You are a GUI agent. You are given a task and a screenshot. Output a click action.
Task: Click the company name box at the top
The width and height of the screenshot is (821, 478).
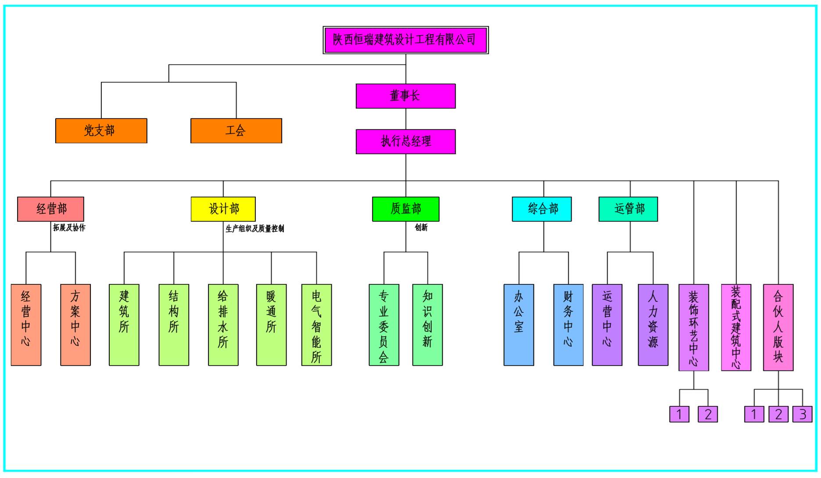pos(405,40)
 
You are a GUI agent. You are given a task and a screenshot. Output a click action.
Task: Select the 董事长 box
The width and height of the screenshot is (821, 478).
pos(405,96)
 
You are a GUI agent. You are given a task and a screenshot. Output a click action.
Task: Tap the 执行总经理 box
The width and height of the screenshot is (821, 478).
pos(405,141)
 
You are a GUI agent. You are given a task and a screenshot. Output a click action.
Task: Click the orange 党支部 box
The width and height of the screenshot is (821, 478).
pos(101,130)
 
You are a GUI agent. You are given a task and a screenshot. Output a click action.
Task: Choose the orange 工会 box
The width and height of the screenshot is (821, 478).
pos(236,130)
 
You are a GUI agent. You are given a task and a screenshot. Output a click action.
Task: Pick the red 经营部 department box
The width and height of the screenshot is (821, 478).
pos(50,209)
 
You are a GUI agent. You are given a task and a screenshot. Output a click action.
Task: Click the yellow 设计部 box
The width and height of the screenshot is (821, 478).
pos(223,209)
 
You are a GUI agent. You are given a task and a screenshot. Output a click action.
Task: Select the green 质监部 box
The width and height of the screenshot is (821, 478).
pos(405,209)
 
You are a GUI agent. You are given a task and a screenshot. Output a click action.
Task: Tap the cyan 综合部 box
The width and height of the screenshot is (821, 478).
pos(541,209)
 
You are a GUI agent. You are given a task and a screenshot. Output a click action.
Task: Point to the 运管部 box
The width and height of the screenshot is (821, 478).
pos(628,209)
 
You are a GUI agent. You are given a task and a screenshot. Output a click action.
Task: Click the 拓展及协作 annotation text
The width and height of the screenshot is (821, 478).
pos(69,228)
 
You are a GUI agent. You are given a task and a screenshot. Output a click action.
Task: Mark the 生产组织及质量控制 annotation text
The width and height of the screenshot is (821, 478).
pos(255,229)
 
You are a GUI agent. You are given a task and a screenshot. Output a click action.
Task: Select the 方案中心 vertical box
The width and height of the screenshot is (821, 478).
pos(75,325)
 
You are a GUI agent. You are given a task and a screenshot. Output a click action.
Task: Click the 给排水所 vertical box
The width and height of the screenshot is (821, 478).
pos(223,325)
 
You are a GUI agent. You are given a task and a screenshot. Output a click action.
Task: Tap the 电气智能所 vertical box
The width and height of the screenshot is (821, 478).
pos(316,325)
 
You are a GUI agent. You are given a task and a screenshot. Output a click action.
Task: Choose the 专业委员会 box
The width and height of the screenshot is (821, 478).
pos(384,325)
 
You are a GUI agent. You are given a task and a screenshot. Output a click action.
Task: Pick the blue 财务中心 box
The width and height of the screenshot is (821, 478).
pos(568,325)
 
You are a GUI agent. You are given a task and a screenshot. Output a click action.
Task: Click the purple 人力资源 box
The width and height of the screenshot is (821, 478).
pos(653,325)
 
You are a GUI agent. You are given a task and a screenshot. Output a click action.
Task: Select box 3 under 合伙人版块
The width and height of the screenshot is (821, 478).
pos(802,414)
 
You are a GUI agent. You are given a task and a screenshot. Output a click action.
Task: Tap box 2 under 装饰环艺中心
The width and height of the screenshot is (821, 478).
pos(708,414)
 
